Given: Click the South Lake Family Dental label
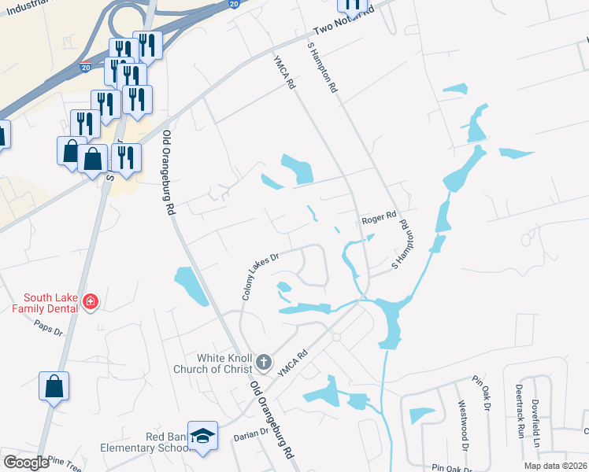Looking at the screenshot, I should point(50,303).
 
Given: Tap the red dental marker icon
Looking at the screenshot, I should point(91,302).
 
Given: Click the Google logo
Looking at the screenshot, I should point(26,463).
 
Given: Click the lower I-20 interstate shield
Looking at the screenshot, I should point(84,68).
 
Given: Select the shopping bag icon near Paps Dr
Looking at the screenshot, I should point(54,386).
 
